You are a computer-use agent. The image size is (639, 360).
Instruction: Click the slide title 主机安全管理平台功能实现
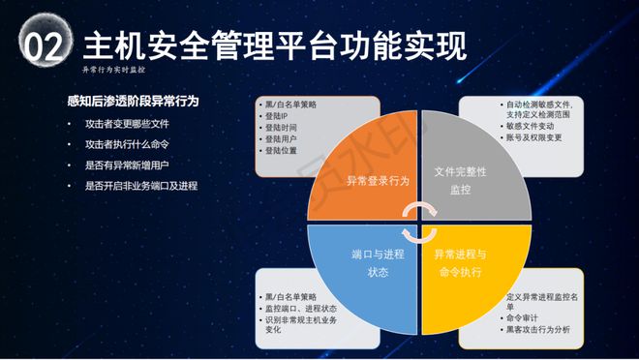[x=275, y=45]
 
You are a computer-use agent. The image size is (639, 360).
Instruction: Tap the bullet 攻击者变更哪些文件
[x=127, y=123]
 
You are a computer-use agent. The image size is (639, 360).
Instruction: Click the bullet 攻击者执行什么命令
[x=127, y=143]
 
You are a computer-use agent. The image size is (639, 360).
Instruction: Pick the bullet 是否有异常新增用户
[x=127, y=164]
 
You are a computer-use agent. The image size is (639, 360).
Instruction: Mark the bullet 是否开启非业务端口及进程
[x=140, y=184]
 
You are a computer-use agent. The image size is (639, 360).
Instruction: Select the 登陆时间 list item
[x=282, y=127]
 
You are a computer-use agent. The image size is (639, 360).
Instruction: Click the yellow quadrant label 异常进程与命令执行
[x=466, y=263]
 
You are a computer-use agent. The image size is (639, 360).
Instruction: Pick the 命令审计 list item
[x=522, y=317]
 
